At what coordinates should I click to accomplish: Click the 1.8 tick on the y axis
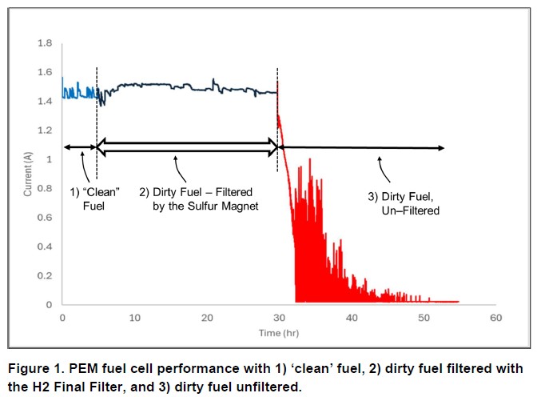46,42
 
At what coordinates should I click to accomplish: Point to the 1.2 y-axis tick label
46,130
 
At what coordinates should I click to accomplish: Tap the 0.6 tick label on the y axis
46,217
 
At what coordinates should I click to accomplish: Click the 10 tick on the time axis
135,319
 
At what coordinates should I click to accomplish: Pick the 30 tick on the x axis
279,319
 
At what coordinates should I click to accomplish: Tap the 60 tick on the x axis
495,319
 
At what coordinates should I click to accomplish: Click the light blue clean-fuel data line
78,91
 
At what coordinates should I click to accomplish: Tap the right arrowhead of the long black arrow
442,147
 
